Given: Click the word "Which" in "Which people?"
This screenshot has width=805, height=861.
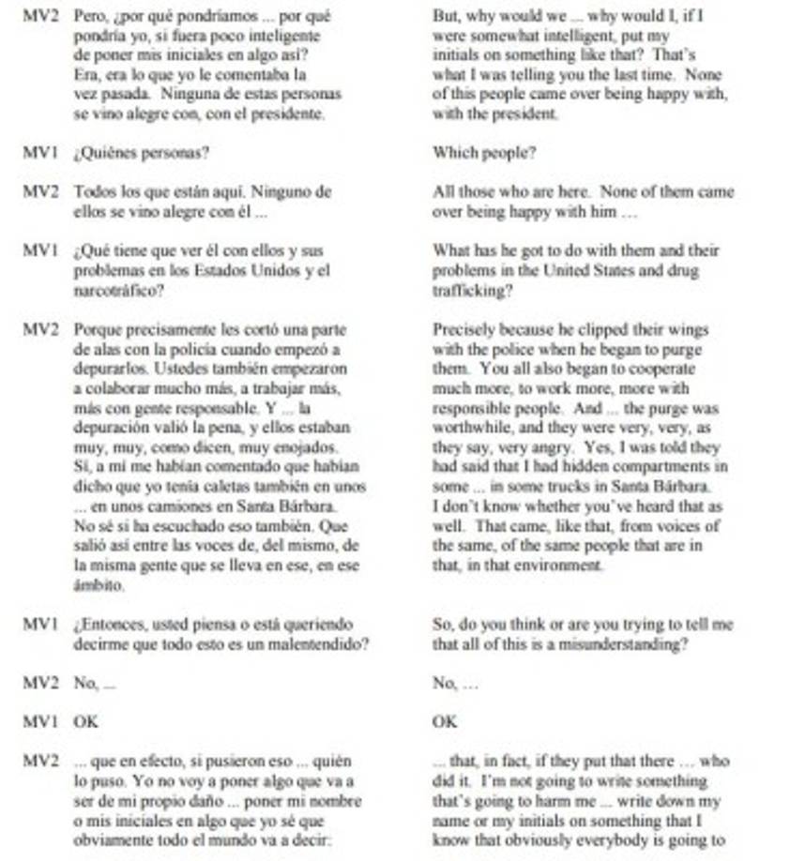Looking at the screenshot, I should click(x=453, y=153).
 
